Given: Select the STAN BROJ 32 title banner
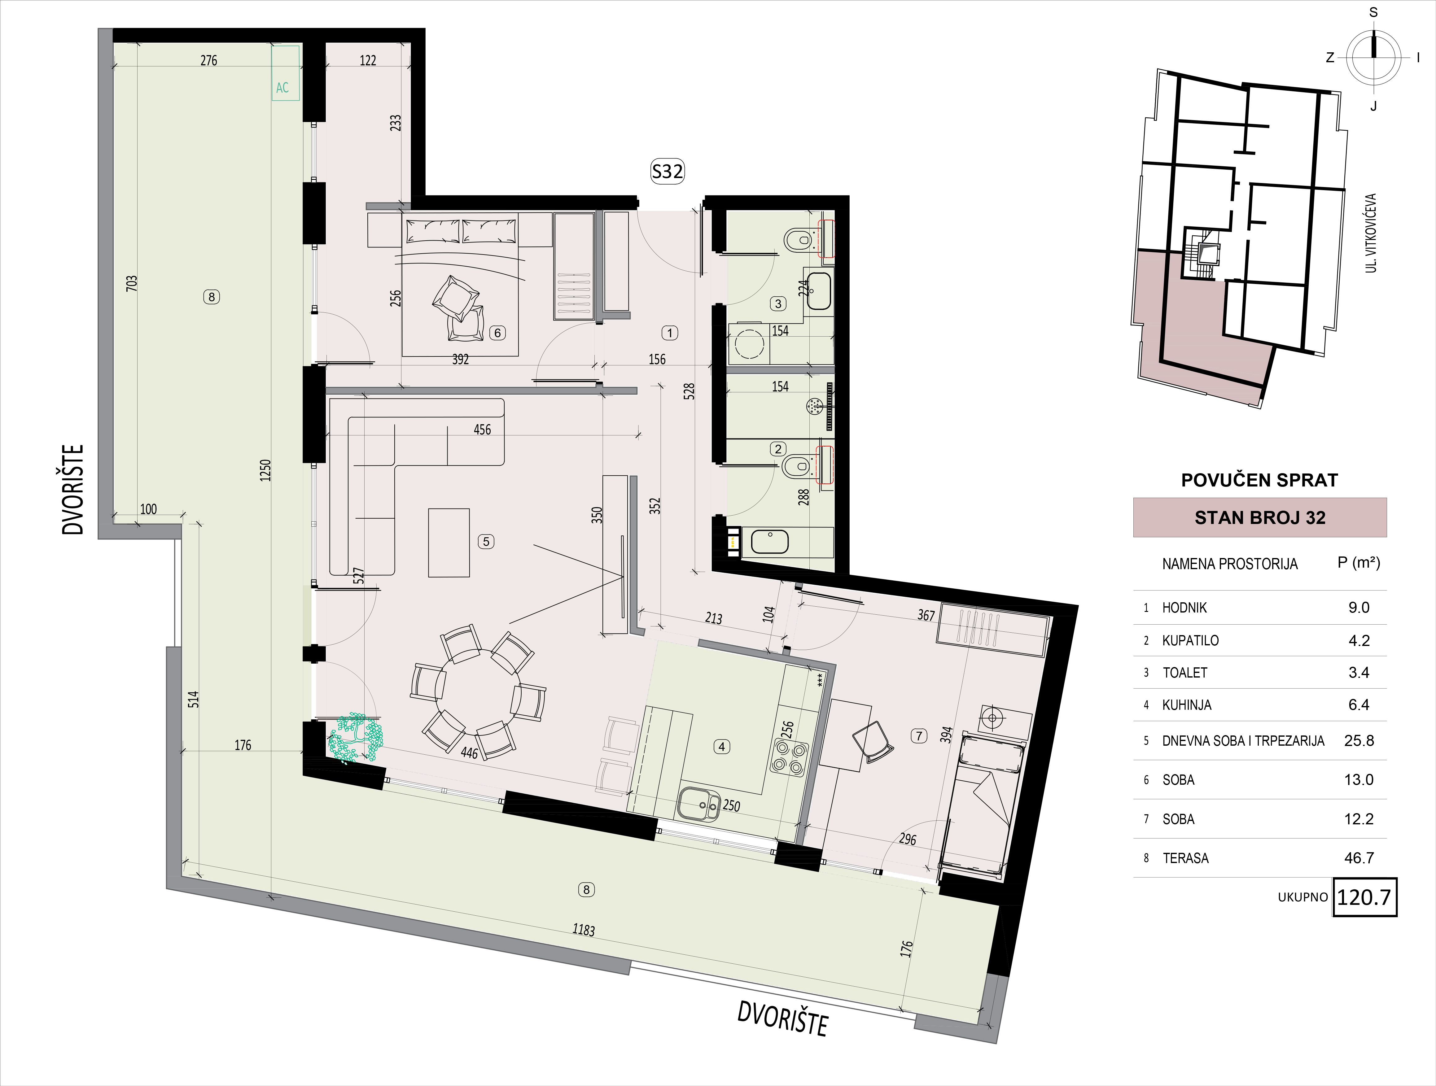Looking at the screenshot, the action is click(x=1259, y=517).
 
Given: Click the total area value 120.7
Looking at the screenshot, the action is click(x=1364, y=897).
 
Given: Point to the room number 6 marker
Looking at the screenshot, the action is click(x=497, y=333).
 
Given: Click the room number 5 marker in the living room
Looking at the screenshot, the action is click(x=486, y=541).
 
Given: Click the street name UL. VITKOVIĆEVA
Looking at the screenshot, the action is click(x=1370, y=232).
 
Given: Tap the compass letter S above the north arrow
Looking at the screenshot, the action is click(x=1373, y=12).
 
